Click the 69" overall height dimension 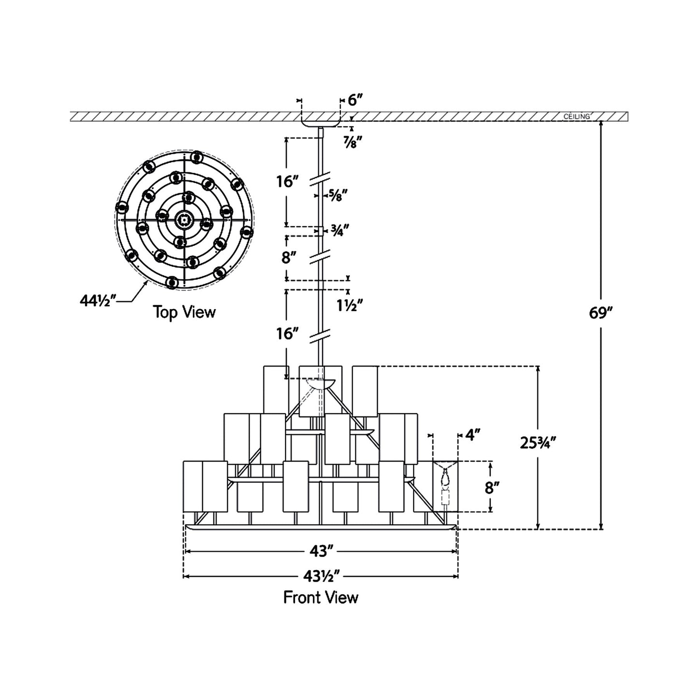600,313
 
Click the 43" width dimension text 321,551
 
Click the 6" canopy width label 355,100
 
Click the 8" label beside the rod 288,257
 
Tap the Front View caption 321,598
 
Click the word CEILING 577,116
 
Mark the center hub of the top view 184,220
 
